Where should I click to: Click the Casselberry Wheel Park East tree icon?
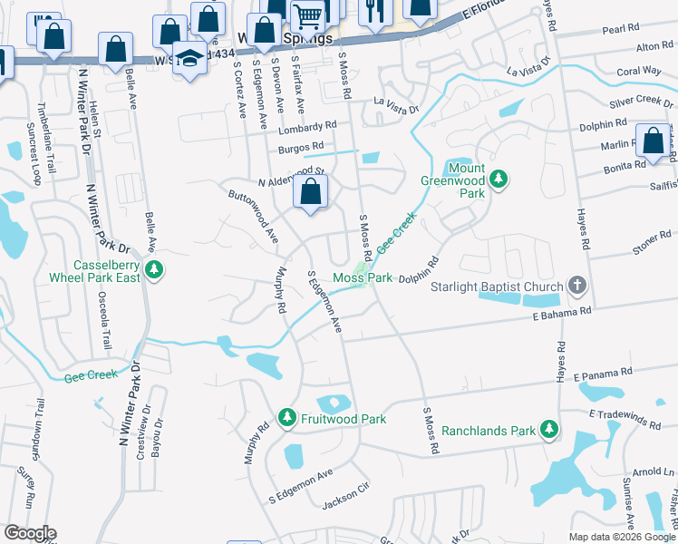click(x=155, y=269)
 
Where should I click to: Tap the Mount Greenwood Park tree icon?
click(x=498, y=180)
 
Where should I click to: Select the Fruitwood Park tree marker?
click(x=287, y=418)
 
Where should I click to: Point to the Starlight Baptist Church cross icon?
click(x=576, y=287)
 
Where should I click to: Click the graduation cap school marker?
click(x=189, y=59)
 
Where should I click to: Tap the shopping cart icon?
click(x=308, y=14)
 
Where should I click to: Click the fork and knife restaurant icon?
click(x=373, y=11)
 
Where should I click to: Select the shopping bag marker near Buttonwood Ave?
click(x=311, y=191)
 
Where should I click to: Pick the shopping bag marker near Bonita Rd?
click(x=653, y=141)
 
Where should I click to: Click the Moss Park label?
click(x=363, y=277)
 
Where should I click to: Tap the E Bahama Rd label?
click(x=561, y=311)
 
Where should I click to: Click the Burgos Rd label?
click(x=302, y=146)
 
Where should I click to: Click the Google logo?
click(x=29, y=533)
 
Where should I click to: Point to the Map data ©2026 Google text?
click(x=622, y=537)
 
